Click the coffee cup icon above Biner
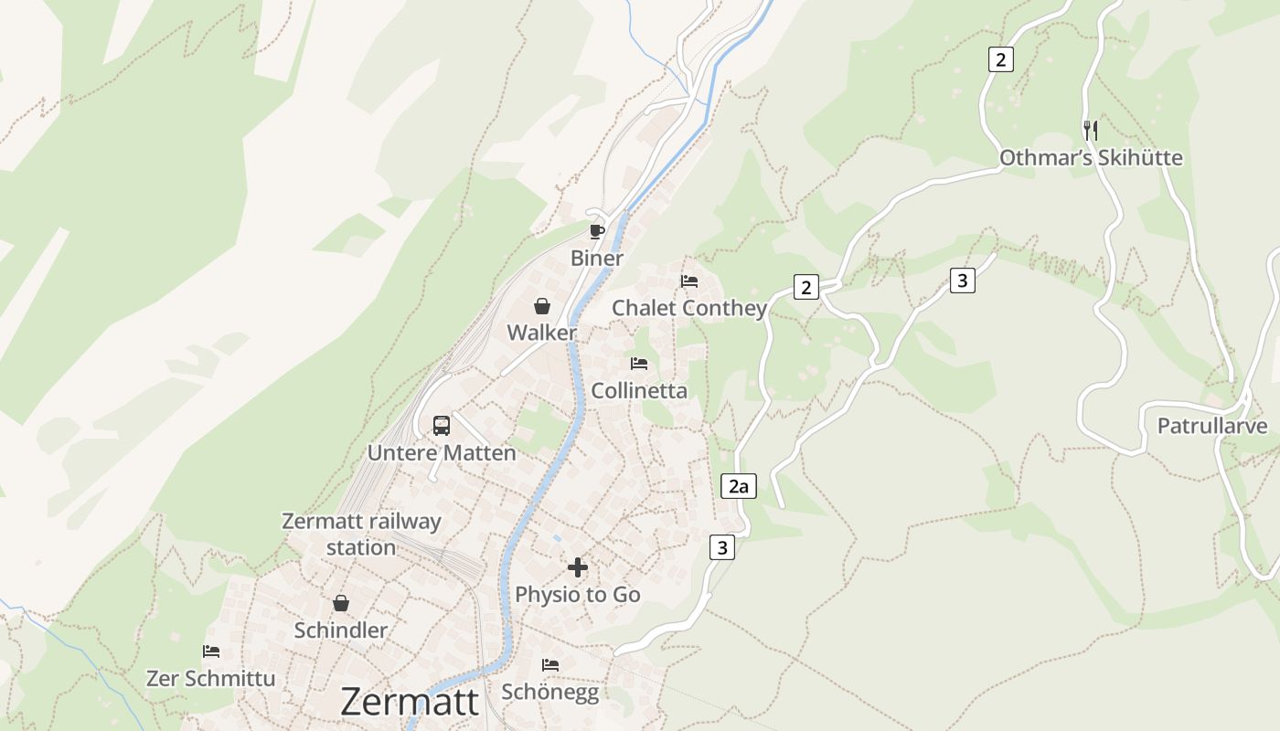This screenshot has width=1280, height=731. (x=597, y=231)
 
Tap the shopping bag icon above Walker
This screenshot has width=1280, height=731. (x=542, y=306)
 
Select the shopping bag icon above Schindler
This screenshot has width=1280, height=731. (x=341, y=603)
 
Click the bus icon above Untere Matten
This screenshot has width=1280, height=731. (x=442, y=425)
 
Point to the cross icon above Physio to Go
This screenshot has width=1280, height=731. (x=578, y=567)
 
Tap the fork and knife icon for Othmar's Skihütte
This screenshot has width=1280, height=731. (x=1090, y=130)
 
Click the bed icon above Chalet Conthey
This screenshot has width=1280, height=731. (x=689, y=281)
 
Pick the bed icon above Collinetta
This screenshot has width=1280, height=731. (x=639, y=364)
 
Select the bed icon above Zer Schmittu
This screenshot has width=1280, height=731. (x=211, y=652)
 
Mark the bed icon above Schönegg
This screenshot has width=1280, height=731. (x=550, y=664)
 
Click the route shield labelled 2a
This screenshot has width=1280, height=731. (x=739, y=486)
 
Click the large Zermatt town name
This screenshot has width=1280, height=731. (x=410, y=702)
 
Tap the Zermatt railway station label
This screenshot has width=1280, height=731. (x=361, y=535)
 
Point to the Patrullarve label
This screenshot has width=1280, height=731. (x=1212, y=426)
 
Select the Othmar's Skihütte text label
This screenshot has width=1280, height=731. (x=1091, y=158)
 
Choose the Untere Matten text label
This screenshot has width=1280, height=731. (x=442, y=452)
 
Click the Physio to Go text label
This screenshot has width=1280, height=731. (x=578, y=595)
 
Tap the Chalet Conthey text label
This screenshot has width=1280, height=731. (x=689, y=308)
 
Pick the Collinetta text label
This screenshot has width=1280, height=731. (x=639, y=391)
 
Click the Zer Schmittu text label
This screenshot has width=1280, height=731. (x=211, y=679)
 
